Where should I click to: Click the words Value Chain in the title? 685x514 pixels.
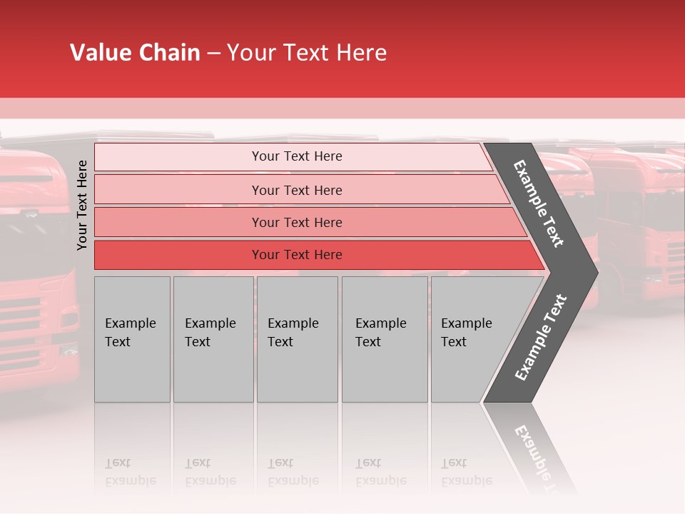pos(135,53)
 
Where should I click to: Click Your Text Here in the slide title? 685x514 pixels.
pos(307,53)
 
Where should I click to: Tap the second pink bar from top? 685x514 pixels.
pos(296,190)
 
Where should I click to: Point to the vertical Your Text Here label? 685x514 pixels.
pos(83,205)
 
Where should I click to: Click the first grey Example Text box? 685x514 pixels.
pos(132,339)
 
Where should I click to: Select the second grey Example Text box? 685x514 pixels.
pos(213,339)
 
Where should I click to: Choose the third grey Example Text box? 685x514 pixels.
pos(297,339)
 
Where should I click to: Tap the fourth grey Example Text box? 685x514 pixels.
pos(384,339)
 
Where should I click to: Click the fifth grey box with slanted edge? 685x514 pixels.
pos(471,339)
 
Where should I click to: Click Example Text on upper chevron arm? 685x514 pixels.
pos(539,203)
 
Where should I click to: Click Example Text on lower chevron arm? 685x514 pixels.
pos(540,338)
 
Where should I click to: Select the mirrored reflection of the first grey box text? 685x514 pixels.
pos(130,473)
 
